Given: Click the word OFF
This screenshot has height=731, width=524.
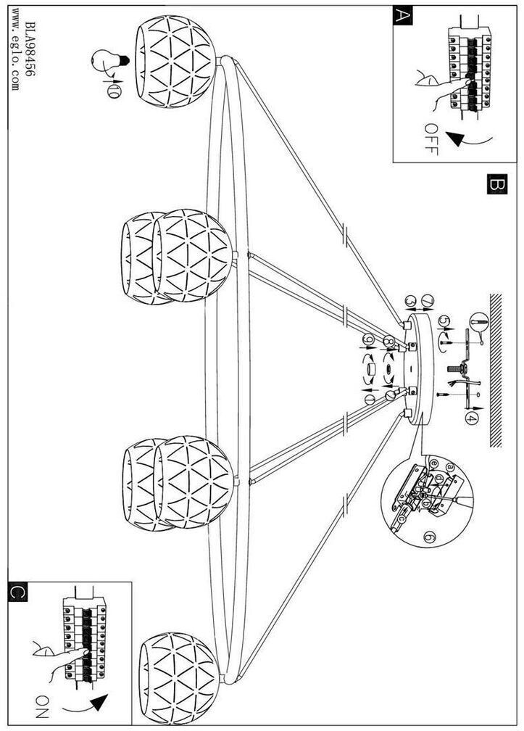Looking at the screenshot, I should coord(431,140).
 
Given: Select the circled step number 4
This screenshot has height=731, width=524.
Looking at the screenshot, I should coord(471,418).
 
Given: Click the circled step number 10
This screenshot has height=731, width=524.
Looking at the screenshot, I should coord(114,91).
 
